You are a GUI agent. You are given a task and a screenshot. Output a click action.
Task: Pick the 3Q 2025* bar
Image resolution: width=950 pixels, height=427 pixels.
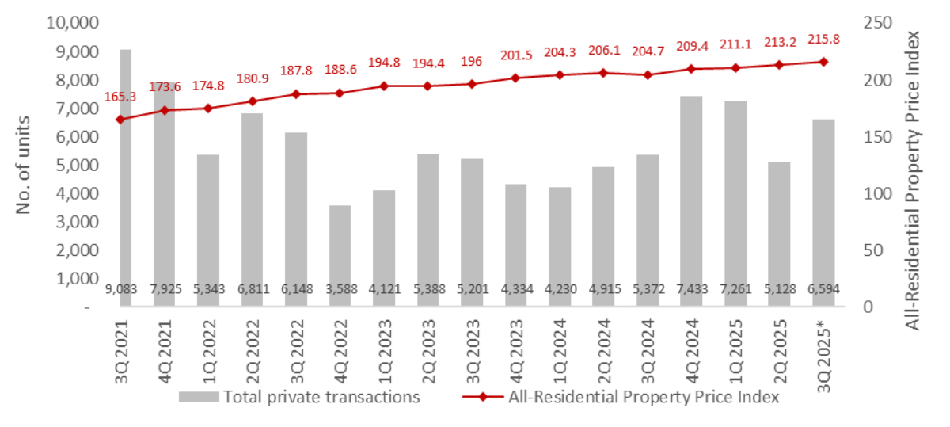pyautogui.click(x=823, y=213)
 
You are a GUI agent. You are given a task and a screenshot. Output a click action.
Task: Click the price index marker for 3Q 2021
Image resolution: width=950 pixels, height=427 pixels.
pyautogui.click(x=120, y=120)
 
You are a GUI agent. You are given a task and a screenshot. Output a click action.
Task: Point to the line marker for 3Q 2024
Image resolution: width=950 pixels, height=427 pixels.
pyautogui.click(x=647, y=74)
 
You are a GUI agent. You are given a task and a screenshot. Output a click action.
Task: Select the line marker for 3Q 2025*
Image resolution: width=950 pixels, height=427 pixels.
pyautogui.click(x=823, y=62)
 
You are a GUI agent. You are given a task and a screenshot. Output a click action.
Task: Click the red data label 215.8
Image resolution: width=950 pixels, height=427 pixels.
pyautogui.click(x=823, y=39)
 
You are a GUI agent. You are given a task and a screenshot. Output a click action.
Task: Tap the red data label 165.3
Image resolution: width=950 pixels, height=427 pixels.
pyautogui.click(x=120, y=97)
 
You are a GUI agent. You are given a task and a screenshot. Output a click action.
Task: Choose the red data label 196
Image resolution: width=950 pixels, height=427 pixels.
pyautogui.click(x=471, y=60)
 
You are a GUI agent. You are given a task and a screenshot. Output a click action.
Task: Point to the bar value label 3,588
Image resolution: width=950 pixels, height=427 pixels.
pyautogui.click(x=340, y=290)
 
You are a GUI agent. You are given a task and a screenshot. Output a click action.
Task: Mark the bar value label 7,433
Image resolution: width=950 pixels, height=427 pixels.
pyautogui.click(x=690, y=290)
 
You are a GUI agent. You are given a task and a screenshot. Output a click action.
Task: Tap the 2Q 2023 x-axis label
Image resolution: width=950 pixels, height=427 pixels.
pyautogui.click(x=428, y=348)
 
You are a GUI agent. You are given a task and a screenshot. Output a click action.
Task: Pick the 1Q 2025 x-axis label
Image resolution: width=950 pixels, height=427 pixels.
pyautogui.click(x=735, y=348)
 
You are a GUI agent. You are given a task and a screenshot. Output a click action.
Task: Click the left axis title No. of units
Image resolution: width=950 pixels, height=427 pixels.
pyautogui.click(x=23, y=164)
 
